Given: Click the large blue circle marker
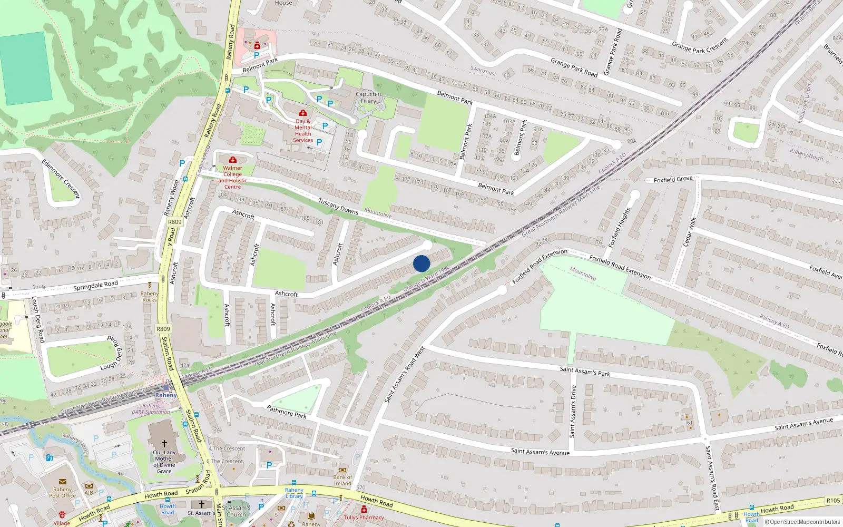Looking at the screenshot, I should [421, 263].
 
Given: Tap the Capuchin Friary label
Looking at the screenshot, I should [368, 97].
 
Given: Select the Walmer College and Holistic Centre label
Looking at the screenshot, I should [232, 177].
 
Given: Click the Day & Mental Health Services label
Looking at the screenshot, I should [303, 131].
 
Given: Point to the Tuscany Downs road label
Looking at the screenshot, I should [338, 206].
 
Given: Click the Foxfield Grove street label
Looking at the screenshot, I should [673, 180].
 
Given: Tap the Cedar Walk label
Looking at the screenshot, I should [690, 232].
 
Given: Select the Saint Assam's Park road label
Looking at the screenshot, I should [585, 372].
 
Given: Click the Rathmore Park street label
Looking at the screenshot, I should [286, 412].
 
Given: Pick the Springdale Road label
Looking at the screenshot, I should [95, 286].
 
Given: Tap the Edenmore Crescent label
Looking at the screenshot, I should [61, 179].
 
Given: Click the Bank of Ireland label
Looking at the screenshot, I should [342, 480].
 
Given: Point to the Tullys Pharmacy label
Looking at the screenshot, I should [364, 517].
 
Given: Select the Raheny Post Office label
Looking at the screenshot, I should [62, 492].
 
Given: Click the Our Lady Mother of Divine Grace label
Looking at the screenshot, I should [164, 462].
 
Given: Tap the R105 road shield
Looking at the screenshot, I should [833, 500].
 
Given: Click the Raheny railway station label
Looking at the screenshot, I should [166, 395].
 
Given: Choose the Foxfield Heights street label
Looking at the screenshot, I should [619, 228].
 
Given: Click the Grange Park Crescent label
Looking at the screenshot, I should [700, 45].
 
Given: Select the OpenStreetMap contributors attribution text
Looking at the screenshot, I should [802, 522].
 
